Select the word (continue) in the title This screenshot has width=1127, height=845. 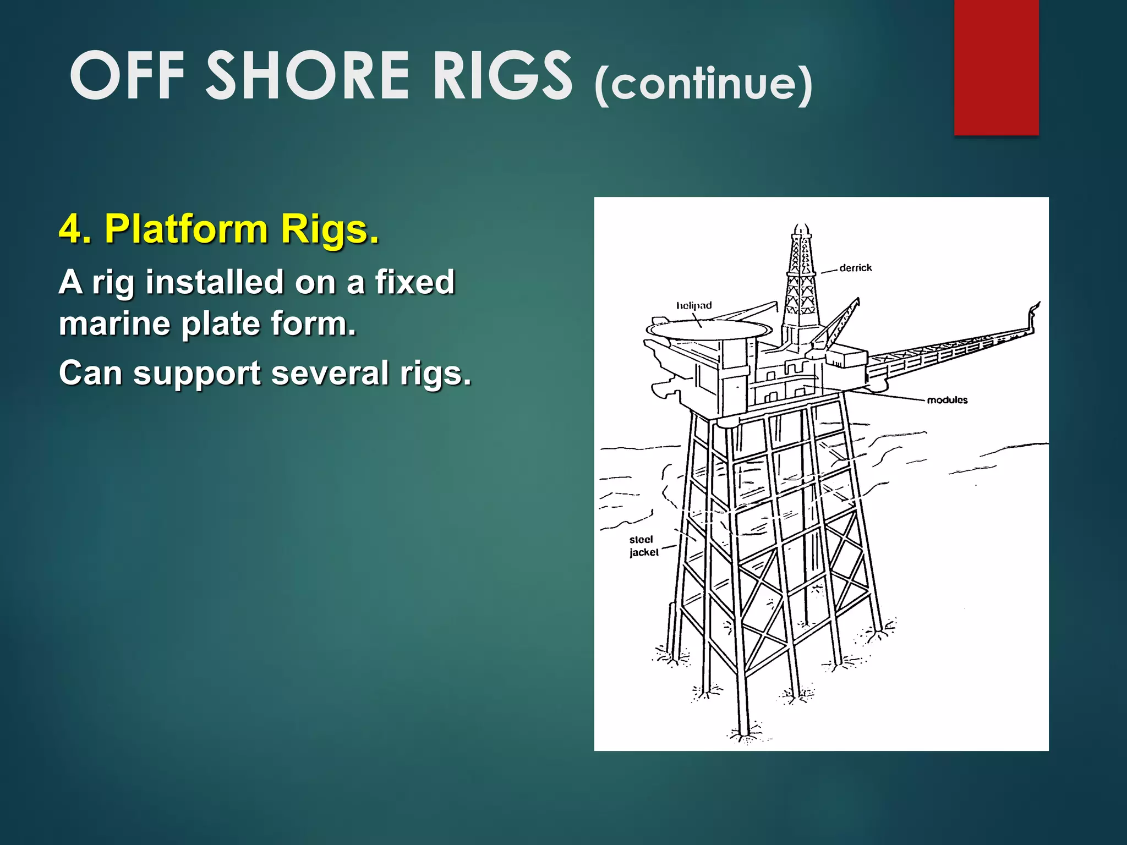(x=703, y=84)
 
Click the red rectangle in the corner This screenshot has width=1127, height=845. (x=996, y=67)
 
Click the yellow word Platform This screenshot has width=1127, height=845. (x=187, y=228)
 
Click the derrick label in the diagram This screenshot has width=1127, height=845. (x=855, y=268)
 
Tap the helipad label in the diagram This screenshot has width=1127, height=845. (x=694, y=305)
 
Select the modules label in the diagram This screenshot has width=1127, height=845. (x=947, y=400)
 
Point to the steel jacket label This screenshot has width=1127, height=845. (x=643, y=546)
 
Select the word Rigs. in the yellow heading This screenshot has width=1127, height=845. (x=330, y=228)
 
